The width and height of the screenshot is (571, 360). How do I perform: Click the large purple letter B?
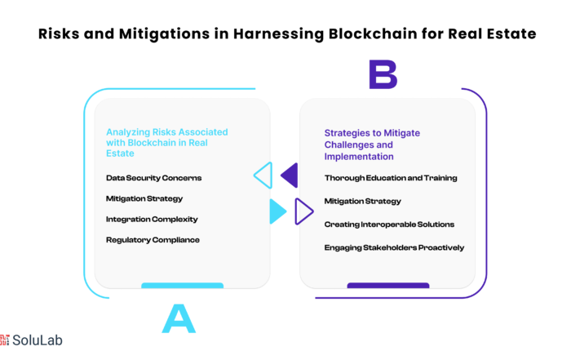point(383,74)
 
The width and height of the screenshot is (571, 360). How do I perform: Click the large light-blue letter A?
point(179,319)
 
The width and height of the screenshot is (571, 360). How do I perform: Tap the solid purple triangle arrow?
point(290,176)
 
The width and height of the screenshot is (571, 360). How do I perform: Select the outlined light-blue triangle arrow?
point(263,176)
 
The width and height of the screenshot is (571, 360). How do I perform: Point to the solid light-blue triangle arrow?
point(278,211)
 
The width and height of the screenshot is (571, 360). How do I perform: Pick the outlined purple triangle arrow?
point(304,211)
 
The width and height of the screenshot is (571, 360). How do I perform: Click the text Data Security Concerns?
point(153,178)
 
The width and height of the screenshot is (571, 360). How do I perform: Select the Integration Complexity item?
point(152,220)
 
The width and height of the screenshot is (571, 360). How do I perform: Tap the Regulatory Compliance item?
point(153,240)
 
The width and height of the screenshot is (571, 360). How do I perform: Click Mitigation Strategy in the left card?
point(144,198)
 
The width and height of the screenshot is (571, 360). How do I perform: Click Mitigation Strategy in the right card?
point(362,201)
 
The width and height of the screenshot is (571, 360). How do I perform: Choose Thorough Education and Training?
point(391,178)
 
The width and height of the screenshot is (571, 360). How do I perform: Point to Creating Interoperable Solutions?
point(389,224)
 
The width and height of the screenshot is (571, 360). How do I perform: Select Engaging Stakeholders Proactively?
point(394,248)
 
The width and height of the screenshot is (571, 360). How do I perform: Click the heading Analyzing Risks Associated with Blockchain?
point(166,143)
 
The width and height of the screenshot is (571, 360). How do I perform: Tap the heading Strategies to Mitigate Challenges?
point(372,144)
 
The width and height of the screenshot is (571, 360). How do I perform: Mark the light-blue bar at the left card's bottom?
point(183,285)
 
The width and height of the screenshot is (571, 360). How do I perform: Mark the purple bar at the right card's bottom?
point(388,285)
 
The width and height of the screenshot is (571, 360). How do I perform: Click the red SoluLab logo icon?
point(4,340)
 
